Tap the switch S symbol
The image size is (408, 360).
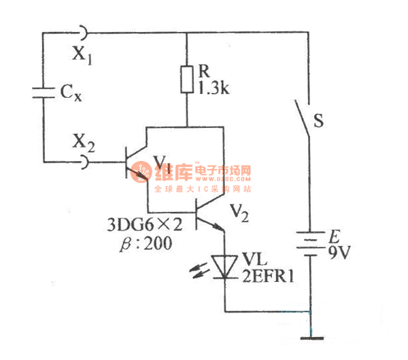(x=303, y=122)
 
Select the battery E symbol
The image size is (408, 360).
(x=310, y=245)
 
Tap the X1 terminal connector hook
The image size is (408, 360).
(x=81, y=31)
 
